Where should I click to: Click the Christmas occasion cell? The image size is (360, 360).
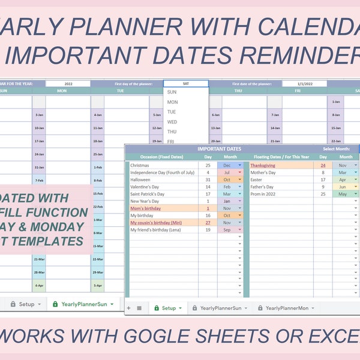coord(140,164)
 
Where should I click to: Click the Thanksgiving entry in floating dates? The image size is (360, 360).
coord(263,164)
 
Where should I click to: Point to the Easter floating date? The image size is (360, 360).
coord(256,179)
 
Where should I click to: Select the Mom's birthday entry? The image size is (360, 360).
coord(145,208)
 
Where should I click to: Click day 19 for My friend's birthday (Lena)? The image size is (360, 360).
coord(208,230)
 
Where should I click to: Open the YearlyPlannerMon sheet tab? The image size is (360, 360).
coord(287,308)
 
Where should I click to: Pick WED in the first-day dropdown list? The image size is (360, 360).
coord(172,122)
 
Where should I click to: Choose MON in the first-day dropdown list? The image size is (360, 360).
coord(172,102)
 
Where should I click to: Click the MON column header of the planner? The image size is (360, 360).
coord(62,91)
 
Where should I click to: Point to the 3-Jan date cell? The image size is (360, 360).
coord(38,114)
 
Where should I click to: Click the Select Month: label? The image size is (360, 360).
coord(336,148)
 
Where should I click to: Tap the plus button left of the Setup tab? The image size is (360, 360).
coord(128,308)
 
